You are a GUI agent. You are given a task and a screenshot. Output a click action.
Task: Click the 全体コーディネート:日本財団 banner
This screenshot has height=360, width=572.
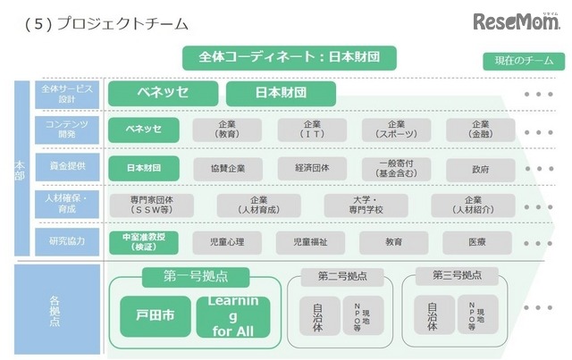coord(289,58)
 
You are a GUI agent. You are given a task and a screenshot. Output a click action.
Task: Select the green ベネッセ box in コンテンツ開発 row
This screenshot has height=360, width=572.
coord(144,130)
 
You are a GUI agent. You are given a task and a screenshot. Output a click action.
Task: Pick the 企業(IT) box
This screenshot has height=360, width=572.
coord(312,130)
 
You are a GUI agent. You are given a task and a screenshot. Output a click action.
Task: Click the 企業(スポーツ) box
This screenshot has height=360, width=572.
coord(396,130)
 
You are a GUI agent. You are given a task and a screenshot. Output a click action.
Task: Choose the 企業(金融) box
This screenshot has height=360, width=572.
coord(480,130)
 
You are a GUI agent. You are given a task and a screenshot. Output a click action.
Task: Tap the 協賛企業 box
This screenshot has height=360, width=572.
coord(228,167)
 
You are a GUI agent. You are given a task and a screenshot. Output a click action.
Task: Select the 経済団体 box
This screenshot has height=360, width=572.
coord(312,167)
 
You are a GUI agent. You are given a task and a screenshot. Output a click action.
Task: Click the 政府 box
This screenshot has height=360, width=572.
coord(480,167)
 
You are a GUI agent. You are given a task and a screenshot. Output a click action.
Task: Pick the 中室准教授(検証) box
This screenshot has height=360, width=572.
coord(144,242)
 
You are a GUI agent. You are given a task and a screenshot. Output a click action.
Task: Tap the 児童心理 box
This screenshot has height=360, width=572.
coord(228,242)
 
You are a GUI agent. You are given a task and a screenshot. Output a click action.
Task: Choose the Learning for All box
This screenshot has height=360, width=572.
coord(233,316)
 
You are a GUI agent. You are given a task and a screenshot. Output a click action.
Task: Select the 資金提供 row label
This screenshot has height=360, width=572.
coord(60,166)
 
